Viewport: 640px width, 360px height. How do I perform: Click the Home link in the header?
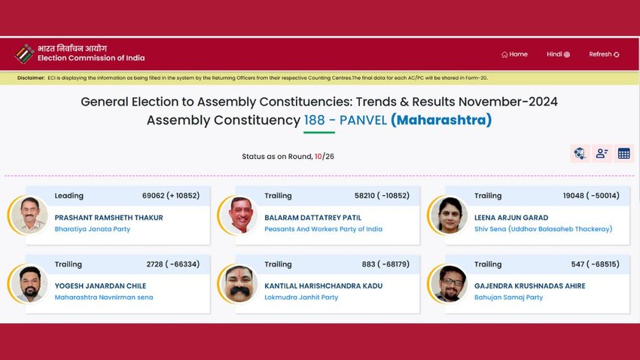click(514, 54)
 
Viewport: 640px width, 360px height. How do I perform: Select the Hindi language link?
click(559, 54)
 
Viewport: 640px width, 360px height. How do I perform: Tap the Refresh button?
click(604, 54)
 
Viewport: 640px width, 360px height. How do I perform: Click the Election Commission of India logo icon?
click(25, 54)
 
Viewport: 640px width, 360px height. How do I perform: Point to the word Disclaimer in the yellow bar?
click(31, 78)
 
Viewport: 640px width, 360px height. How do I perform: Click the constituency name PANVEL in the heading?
click(363, 121)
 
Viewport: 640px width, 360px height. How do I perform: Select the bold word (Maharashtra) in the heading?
click(441, 120)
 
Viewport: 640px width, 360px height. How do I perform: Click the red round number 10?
click(318, 157)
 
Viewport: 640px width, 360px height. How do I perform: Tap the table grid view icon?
click(623, 154)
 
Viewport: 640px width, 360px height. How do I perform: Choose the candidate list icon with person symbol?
click(602, 154)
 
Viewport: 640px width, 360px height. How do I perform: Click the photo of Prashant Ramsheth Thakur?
click(29, 215)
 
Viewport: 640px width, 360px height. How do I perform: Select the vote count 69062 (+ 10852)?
click(171, 196)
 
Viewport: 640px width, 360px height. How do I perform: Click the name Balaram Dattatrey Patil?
click(312, 218)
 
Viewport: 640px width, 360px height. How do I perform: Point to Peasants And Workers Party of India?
click(323, 229)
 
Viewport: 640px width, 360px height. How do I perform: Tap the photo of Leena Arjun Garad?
click(449, 215)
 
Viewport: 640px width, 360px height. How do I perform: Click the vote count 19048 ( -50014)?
click(591, 196)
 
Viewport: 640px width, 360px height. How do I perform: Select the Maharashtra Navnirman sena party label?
click(104, 297)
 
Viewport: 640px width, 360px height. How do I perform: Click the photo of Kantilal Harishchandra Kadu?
click(239, 284)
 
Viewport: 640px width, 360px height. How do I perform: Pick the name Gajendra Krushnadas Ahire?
click(530, 285)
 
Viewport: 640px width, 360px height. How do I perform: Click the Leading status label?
click(69, 196)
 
